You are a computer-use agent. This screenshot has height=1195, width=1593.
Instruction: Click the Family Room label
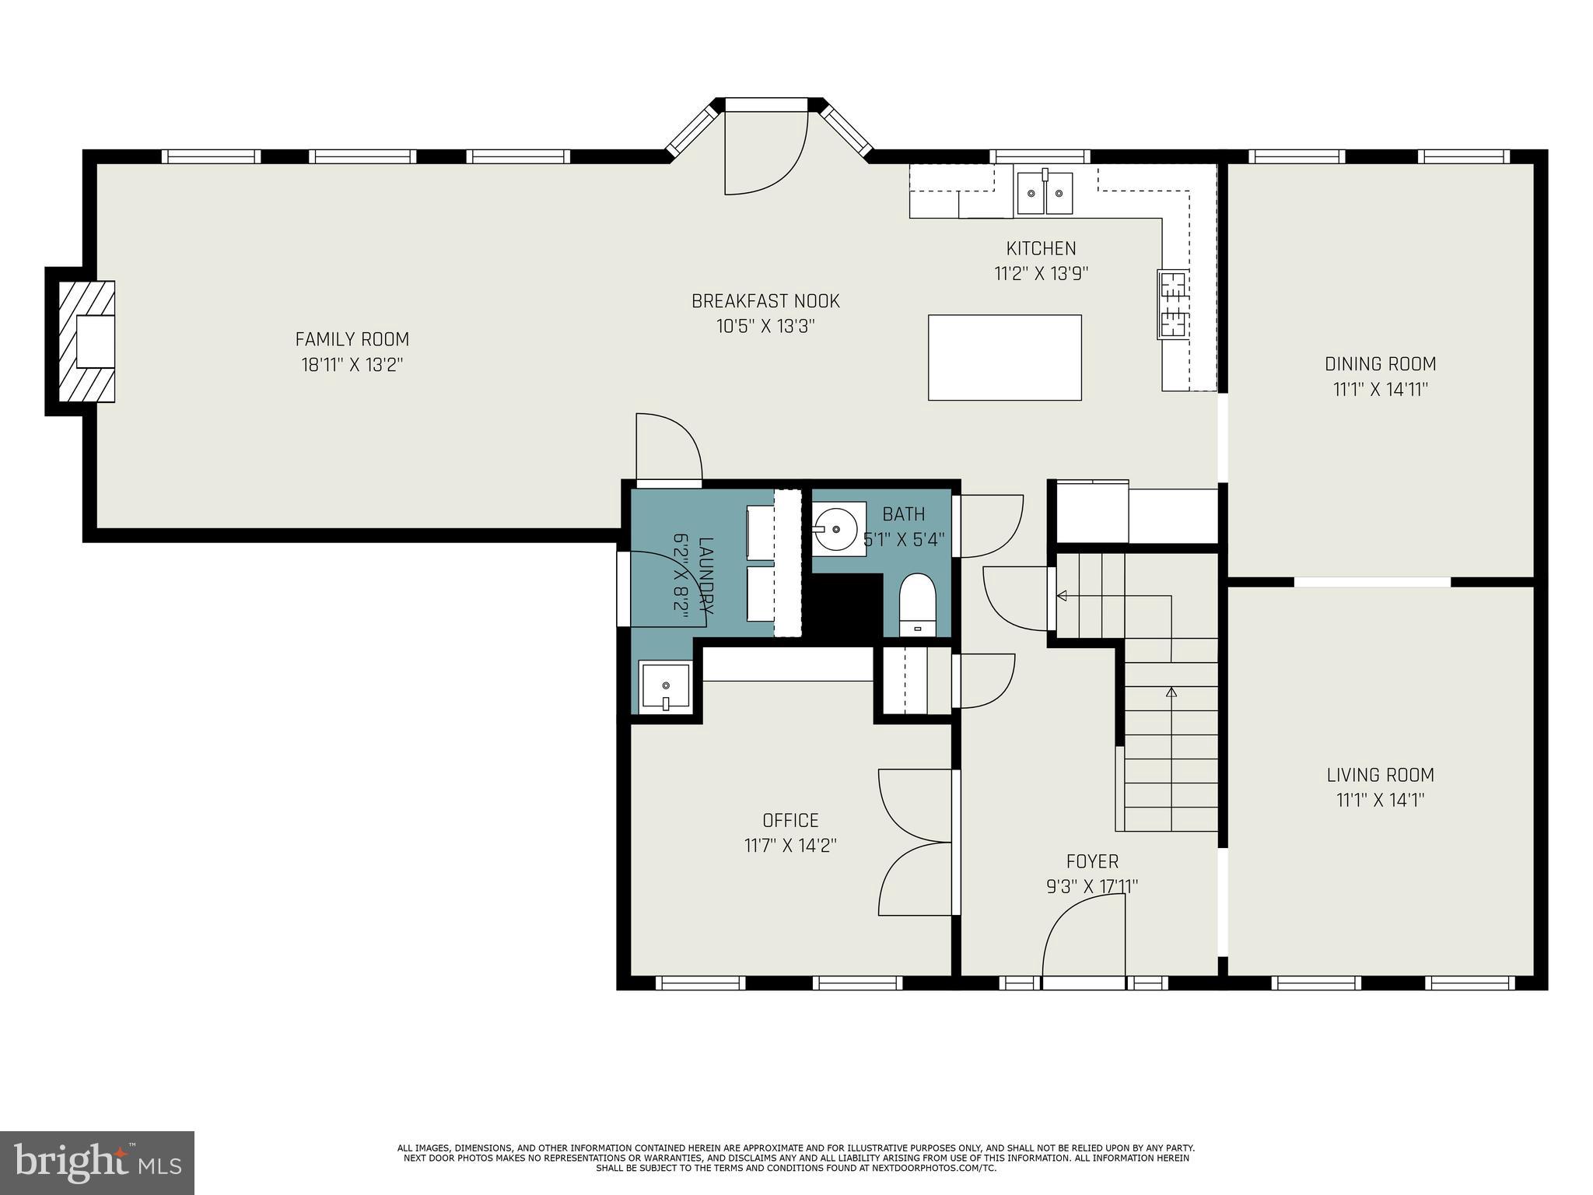(352, 339)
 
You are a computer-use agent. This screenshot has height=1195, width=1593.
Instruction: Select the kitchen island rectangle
(1004, 357)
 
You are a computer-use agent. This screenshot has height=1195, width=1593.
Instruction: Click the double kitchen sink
(1045, 193)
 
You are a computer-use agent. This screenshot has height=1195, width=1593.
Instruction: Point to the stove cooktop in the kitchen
(1171, 304)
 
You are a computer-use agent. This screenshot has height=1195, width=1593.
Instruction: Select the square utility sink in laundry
(665, 686)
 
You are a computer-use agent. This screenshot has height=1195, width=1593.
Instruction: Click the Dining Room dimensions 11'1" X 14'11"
(1380, 389)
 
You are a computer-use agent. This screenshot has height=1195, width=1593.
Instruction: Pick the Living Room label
(1380, 775)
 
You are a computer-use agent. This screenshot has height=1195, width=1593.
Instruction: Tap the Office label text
(790, 820)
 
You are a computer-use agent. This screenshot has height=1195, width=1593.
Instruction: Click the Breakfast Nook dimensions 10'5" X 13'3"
(765, 326)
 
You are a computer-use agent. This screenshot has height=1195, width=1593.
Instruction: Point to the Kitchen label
(1041, 249)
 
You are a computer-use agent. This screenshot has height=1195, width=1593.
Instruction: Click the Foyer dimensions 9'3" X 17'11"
(1092, 886)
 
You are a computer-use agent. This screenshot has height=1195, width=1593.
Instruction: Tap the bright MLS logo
(96, 1162)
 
